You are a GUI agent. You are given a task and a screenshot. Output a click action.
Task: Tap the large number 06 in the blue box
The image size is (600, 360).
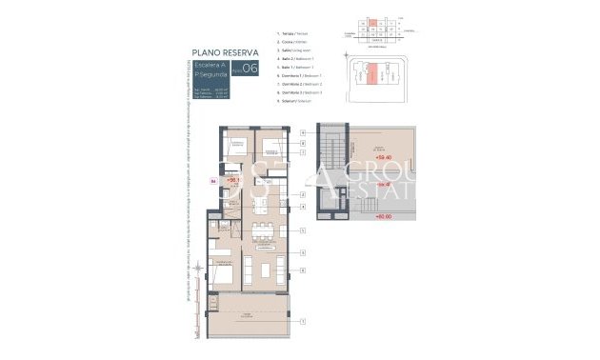250,69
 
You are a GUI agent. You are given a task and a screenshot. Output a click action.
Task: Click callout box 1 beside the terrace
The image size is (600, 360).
301,321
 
